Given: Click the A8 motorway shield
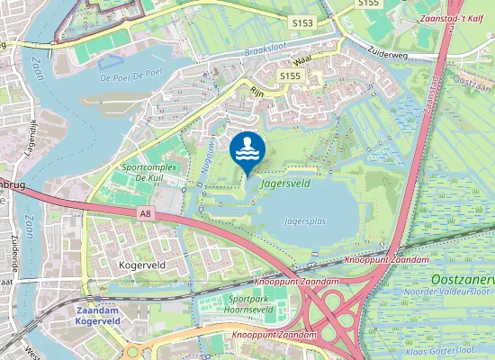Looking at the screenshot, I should pyautogui.click(x=146, y=213).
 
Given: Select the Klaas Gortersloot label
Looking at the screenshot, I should pyautogui.click(x=455, y=349).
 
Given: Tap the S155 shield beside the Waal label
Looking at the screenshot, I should pyautogui.click(x=289, y=76).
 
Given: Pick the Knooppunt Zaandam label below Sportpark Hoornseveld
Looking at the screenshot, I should pyautogui.click(x=274, y=335).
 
